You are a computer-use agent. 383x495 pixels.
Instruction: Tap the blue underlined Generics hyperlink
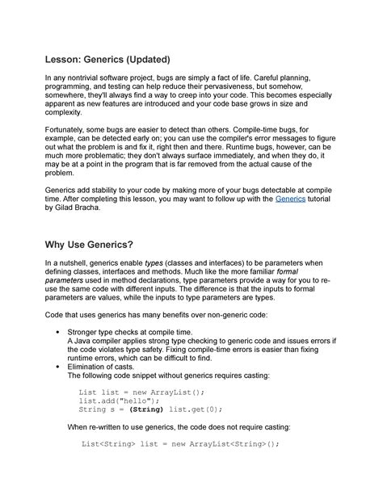[x=291, y=197]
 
